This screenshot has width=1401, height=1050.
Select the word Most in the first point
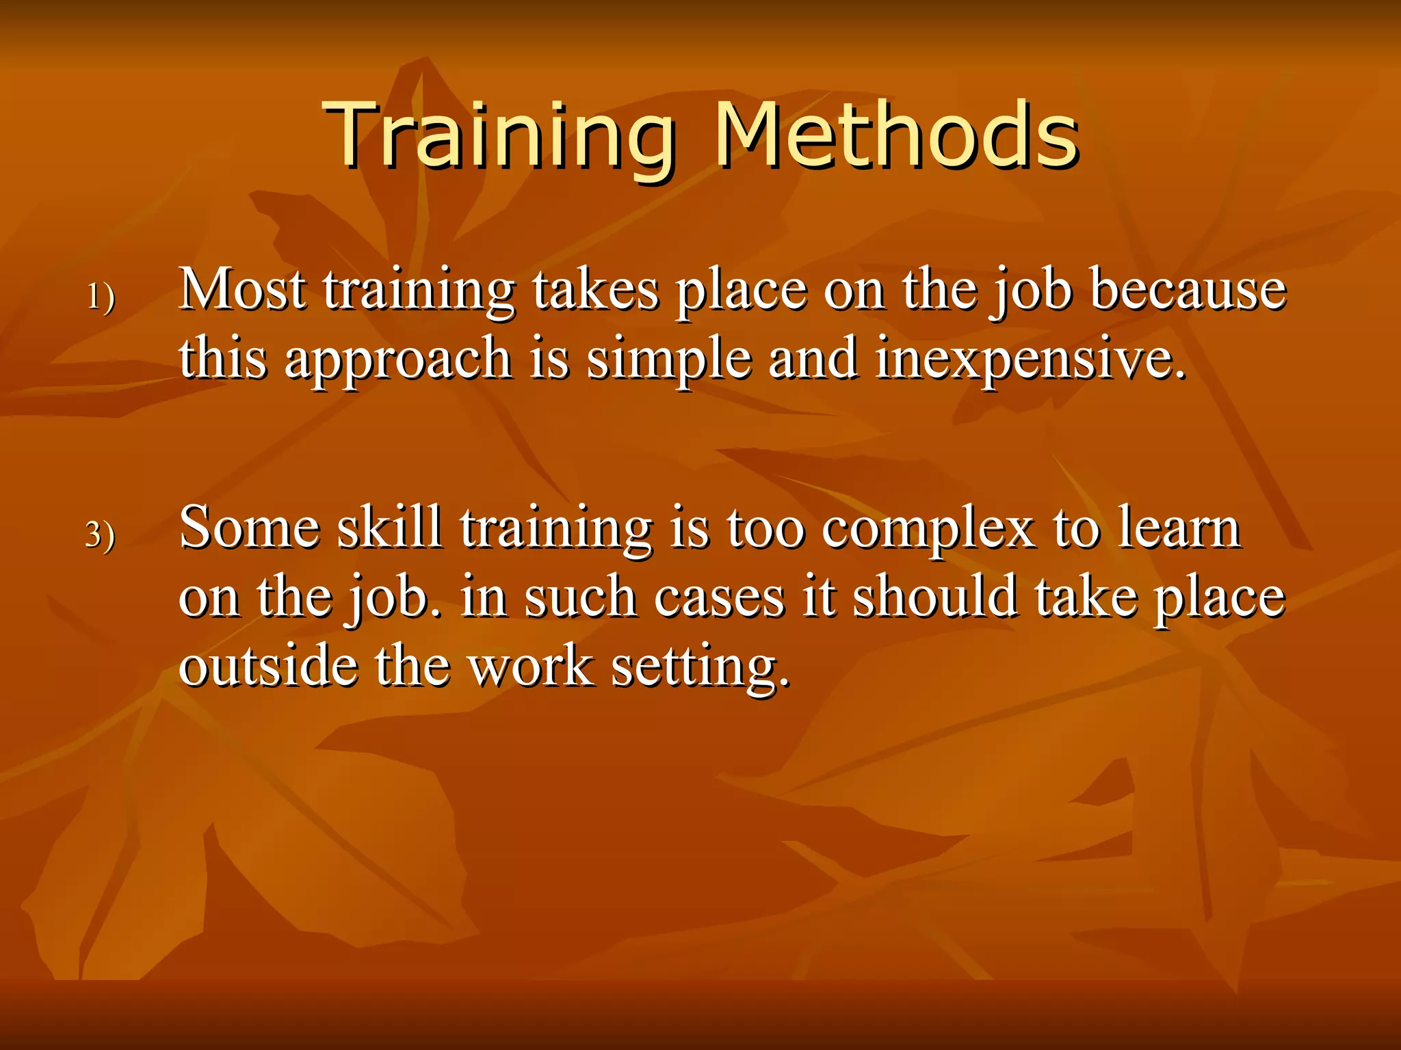tap(243, 290)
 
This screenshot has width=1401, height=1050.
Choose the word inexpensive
tap(1030, 360)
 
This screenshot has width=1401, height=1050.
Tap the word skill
tap(389, 528)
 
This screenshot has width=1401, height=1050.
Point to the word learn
tap(1179, 528)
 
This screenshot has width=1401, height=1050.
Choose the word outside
tap(267, 666)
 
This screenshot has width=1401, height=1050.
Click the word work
tap(530, 666)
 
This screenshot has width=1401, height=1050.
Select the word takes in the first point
tap(596, 290)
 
